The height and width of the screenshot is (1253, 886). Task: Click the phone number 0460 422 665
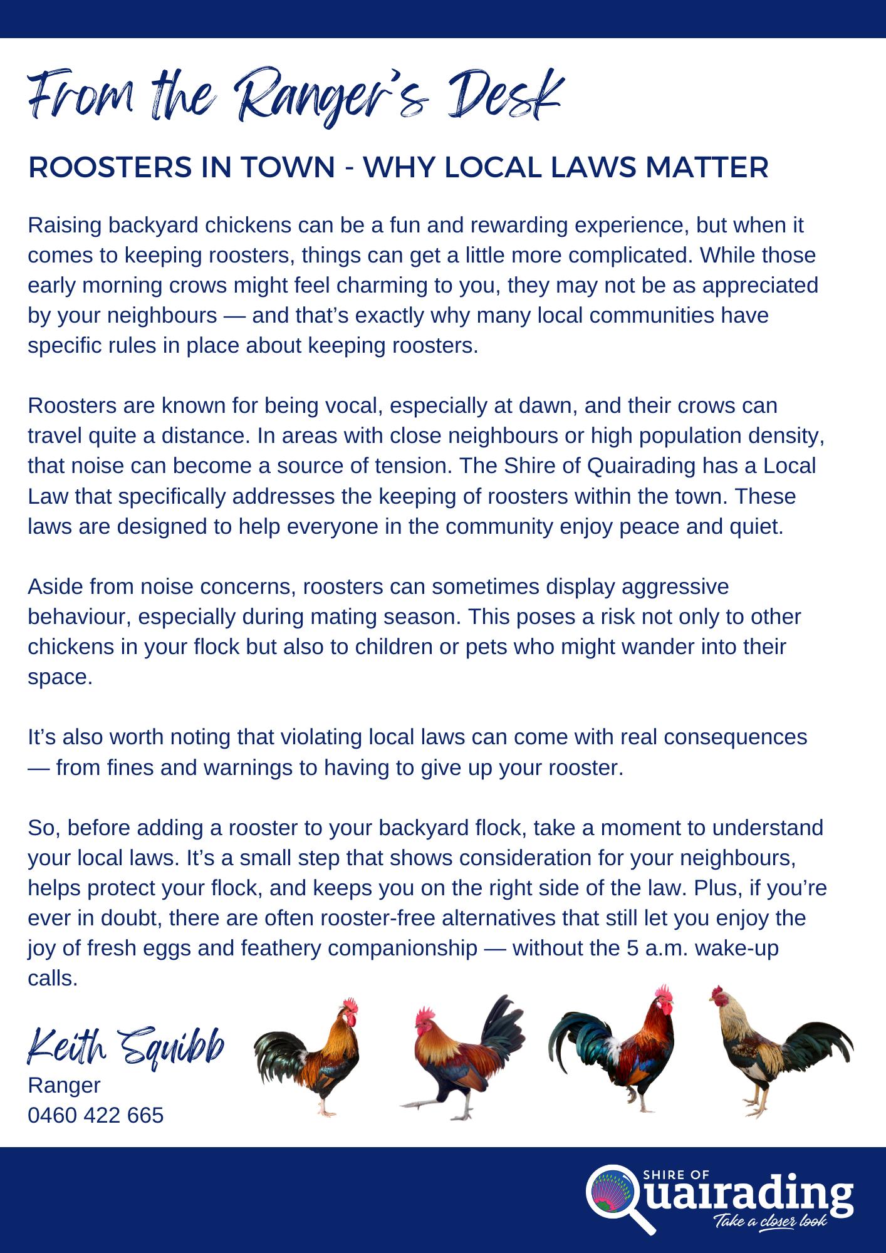(95, 1116)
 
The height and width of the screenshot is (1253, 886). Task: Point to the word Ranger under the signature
(64, 1085)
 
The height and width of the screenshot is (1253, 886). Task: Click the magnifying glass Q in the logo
(613, 1191)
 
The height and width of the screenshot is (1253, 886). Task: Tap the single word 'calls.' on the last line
(53, 978)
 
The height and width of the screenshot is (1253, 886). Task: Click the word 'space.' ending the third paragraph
(60, 677)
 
